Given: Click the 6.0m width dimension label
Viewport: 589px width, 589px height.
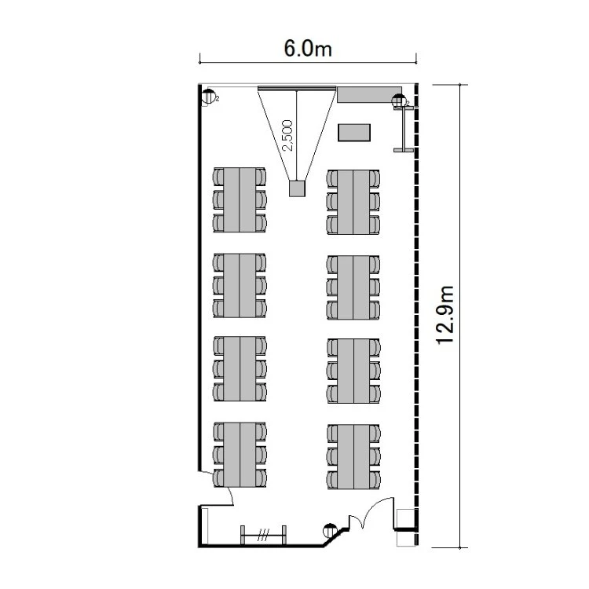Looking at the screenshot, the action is (308, 49).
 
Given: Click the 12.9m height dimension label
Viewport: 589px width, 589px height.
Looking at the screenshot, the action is (445, 315).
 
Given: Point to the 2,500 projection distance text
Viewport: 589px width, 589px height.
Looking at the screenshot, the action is (287, 135).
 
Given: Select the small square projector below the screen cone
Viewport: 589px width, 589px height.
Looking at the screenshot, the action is (297, 188).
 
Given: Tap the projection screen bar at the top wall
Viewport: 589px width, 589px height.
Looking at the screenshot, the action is (297, 89).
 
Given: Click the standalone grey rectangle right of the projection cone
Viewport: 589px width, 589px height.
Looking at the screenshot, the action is (354, 133).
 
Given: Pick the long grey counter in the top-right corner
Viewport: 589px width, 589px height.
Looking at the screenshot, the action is (369, 94).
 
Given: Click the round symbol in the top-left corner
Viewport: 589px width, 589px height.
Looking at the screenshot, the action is (208, 97).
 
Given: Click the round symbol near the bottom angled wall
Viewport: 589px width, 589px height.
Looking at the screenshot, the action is (330, 530).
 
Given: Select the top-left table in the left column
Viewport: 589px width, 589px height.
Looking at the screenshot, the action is (240, 199).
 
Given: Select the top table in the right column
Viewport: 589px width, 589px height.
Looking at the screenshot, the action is (353, 202).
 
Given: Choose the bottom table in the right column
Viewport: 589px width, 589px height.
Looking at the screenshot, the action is (353, 457).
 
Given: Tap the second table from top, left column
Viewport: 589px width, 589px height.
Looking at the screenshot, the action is (240, 286).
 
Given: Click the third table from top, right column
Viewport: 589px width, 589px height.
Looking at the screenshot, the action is (353, 371).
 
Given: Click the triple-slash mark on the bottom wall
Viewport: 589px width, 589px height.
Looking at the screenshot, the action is (263, 535).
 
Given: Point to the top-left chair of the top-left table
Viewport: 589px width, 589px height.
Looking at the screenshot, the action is (218, 176).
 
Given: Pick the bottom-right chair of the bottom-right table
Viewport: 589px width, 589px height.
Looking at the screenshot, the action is (375, 480).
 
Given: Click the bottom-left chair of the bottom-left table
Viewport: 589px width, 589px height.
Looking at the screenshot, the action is (219, 477).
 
